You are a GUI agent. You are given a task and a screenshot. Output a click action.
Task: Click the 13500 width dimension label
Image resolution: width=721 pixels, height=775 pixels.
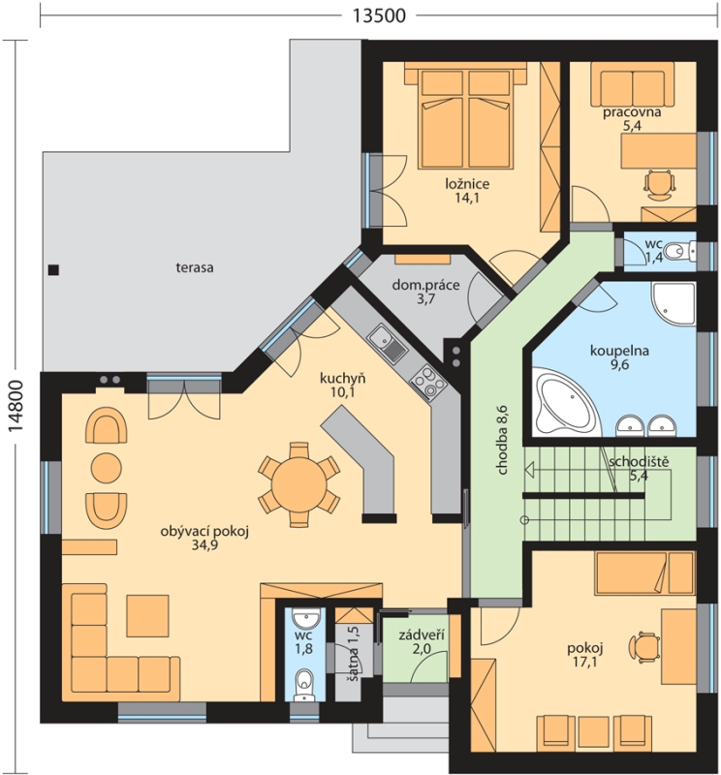coord(378,15)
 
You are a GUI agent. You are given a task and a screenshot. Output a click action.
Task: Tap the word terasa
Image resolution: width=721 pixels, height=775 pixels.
coord(195,268)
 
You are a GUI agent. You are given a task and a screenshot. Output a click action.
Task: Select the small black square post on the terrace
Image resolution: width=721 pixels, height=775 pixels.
coord(53,270)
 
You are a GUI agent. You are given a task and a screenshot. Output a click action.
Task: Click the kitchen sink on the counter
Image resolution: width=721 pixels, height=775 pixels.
coord(387,343)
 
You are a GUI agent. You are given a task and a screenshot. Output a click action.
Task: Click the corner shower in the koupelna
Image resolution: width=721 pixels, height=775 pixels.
coord(674,304)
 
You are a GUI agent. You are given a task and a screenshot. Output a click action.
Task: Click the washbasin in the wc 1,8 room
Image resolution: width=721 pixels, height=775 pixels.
coord(304,619)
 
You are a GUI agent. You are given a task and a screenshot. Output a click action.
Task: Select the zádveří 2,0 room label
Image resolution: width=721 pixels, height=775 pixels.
coord(421,641)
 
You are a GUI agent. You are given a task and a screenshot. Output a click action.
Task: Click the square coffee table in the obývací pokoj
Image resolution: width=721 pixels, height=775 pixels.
coord(147,615)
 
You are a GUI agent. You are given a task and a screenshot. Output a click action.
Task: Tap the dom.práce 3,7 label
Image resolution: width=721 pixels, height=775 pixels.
coord(425,292)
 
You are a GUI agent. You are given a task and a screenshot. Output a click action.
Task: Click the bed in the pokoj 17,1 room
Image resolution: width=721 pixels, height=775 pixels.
coord(643,573)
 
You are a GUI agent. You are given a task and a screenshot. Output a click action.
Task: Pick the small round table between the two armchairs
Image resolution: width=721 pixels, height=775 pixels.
coord(106,467)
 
